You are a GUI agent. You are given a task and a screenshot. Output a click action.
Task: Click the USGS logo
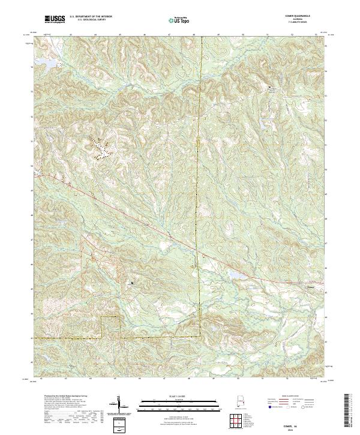click(x=55, y=19)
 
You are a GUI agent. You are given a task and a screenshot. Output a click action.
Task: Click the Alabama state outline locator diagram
click(x=234, y=402)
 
